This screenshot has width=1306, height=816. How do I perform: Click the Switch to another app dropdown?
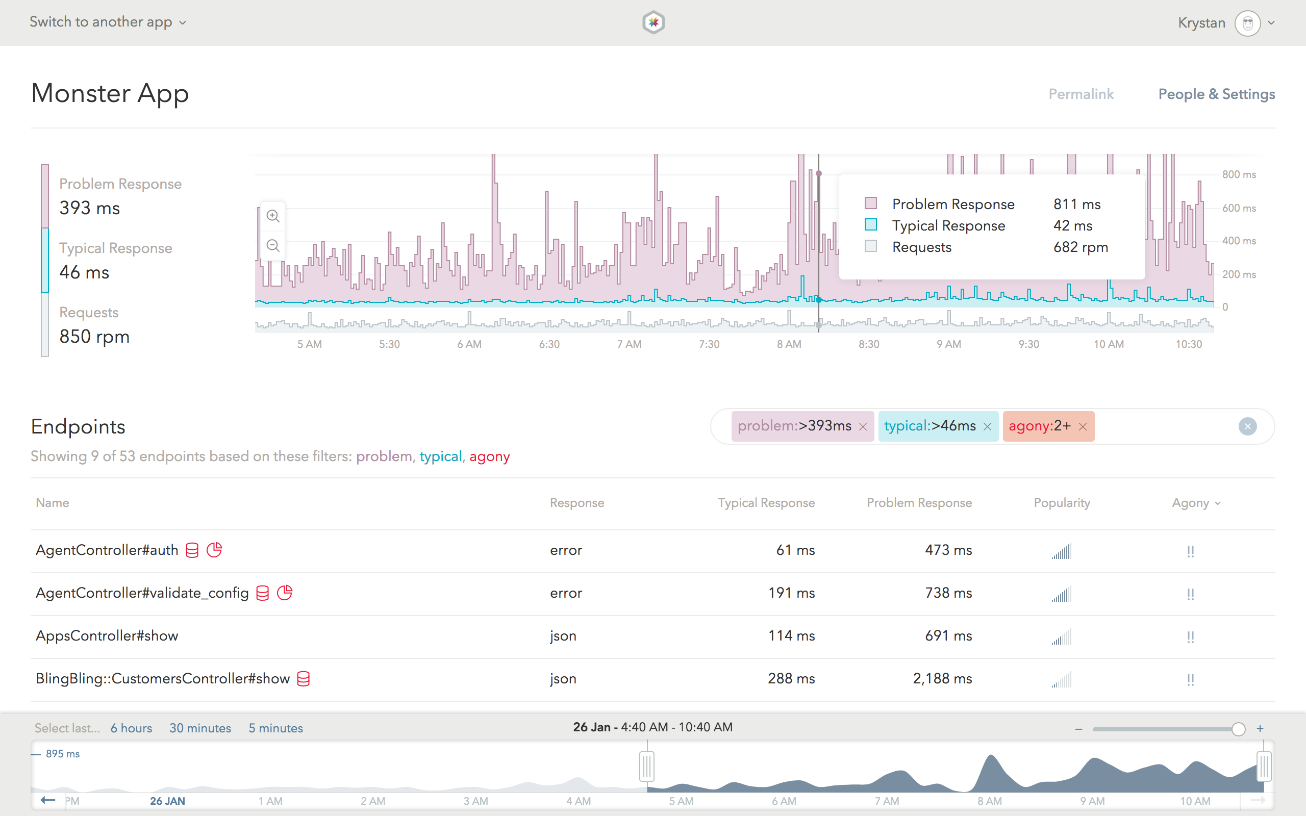tap(108, 22)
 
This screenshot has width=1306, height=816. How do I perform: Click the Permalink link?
tap(1081, 94)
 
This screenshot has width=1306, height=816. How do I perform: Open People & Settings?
tap(1216, 94)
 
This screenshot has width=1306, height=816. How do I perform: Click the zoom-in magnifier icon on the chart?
tap(273, 216)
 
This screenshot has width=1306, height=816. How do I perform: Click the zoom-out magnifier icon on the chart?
tap(273, 245)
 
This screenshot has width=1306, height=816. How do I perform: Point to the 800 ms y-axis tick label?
tap(1239, 174)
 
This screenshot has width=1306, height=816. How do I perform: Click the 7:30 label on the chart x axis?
tap(709, 344)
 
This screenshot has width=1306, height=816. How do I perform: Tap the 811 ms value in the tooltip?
tap(1076, 204)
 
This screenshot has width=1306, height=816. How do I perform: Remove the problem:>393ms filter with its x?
tap(863, 427)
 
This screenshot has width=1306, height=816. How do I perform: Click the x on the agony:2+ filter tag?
tap(1083, 427)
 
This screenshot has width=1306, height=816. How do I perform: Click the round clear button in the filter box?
tap(1247, 426)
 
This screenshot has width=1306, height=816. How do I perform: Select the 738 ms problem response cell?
tap(948, 593)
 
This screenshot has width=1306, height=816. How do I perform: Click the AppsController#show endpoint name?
tap(107, 636)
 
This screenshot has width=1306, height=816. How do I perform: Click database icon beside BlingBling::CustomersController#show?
tap(304, 678)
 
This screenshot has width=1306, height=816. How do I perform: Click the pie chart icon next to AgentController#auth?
tap(214, 550)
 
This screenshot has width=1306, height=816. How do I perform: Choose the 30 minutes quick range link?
tap(200, 728)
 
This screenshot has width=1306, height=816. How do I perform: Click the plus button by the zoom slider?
tap(1260, 729)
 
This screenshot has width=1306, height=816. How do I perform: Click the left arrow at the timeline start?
tap(48, 800)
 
